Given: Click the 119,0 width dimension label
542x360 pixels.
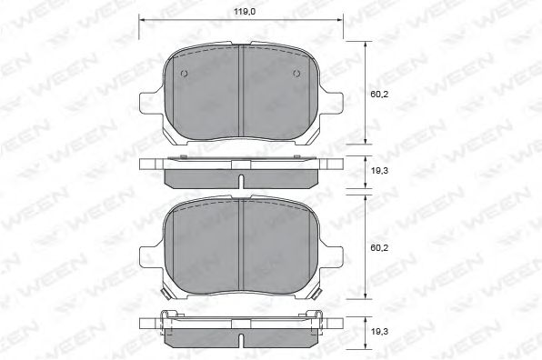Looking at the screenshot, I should click(x=240, y=13).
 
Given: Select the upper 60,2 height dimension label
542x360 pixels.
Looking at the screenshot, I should click(x=376, y=92).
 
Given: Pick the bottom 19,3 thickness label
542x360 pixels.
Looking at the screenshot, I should click(x=376, y=333).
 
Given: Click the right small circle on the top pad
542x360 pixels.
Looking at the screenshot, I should click(x=296, y=75).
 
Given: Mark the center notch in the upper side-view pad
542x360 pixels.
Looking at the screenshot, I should click(x=240, y=184).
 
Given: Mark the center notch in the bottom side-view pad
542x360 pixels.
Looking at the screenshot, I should click(x=240, y=342).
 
